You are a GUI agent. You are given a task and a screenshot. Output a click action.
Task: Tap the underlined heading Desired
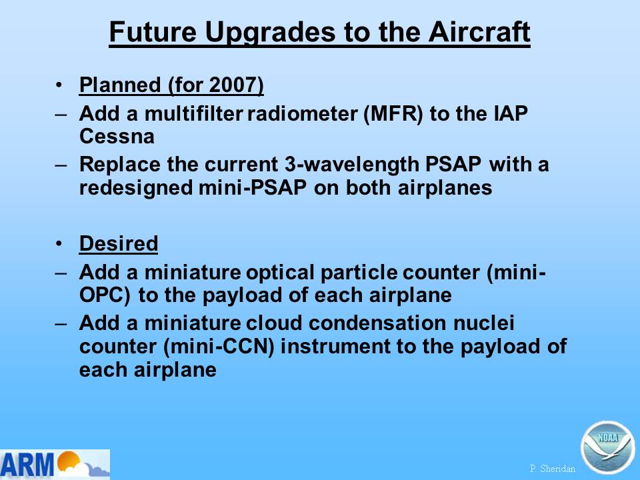coord(119,244)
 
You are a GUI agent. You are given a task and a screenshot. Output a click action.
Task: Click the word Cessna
coord(117,136)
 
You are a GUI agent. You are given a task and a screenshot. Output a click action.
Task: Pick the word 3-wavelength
coord(351,165)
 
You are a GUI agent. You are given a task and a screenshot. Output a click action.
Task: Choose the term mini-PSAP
coord(253,188)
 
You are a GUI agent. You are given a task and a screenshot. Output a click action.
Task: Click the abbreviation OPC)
coord(105,295)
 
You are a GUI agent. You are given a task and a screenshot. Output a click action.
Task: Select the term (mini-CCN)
coord(218,347)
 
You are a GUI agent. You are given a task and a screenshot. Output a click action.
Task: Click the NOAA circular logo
coord(607,447)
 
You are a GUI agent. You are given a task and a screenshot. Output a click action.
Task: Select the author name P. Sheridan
coord(552,469)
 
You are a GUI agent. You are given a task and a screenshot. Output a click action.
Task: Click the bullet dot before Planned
coord(59,85)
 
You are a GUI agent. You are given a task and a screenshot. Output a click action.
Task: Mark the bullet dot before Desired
coord(59,244)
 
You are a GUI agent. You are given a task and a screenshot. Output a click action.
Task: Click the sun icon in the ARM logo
coord(68,461)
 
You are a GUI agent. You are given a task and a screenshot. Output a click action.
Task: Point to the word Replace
coord(120,165)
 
